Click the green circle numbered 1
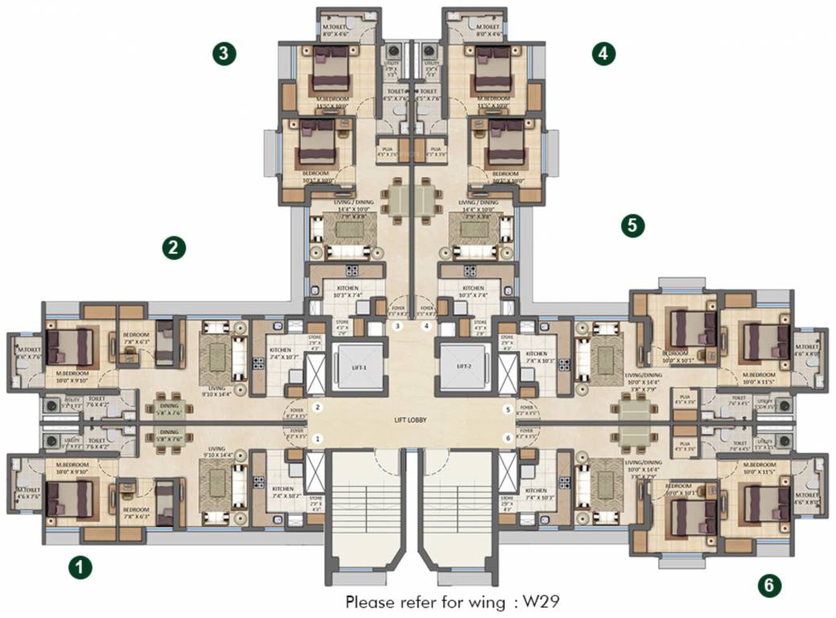(79, 567)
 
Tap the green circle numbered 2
(174, 247)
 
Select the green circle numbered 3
(224, 54)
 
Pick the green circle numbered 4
(603, 54)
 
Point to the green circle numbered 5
(633, 225)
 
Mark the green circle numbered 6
(769, 586)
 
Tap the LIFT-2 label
(463, 366)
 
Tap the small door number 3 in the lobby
(397, 326)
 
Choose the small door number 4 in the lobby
(426, 326)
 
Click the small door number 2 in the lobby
(319, 410)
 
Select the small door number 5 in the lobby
(507, 410)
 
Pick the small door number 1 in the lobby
(319, 439)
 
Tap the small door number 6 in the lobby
(507, 439)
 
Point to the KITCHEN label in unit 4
(473, 287)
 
